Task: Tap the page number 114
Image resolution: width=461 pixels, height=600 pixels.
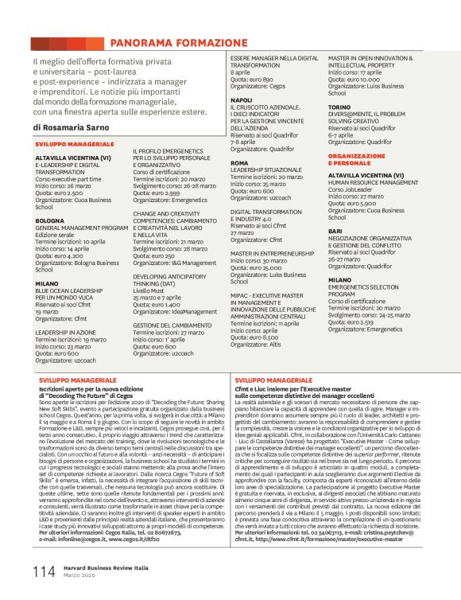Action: point(44,571)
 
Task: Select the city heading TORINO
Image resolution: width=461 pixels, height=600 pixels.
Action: point(339,106)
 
